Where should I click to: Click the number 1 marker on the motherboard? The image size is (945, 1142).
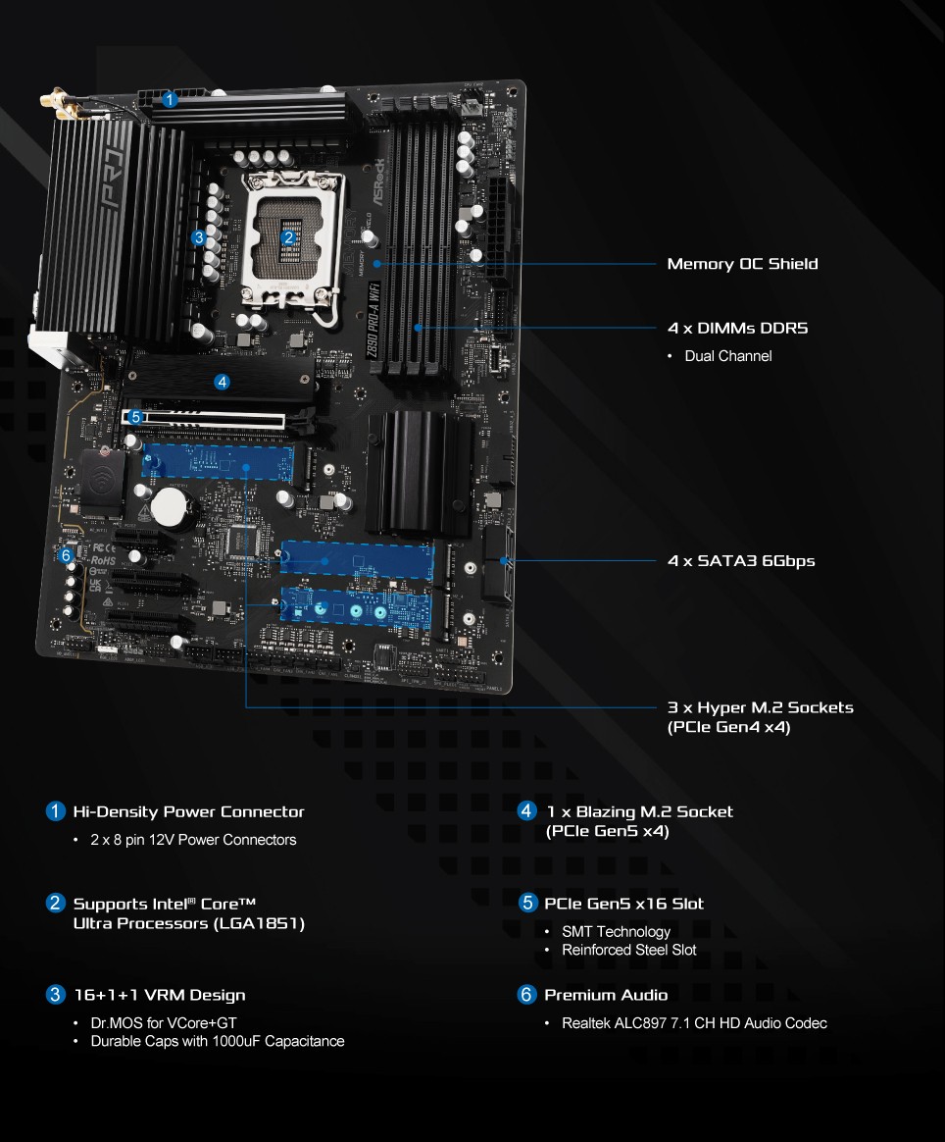(170, 99)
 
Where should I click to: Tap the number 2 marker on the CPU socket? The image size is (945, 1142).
(287, 236)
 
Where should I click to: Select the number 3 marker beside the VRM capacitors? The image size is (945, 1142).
(199, 236)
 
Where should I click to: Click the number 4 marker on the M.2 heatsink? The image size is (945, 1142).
(223, 382)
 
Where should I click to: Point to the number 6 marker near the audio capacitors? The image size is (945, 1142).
(66, 555)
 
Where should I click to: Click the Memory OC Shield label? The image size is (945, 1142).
(742, 264)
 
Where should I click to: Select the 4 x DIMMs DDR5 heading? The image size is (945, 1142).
(737, 329)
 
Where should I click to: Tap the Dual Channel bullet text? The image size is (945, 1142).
(727, 356)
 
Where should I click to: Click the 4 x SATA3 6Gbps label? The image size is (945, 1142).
(741, 561)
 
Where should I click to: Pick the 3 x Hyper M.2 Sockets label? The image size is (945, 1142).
(760, 707)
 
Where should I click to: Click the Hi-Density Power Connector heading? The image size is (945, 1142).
(188, 811)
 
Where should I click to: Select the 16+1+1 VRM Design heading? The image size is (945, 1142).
(160, 995)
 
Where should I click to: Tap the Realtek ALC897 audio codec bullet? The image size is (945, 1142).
(694, 1023)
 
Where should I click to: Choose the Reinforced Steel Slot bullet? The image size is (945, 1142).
(628, 950)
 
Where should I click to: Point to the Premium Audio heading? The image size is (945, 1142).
(606, 995)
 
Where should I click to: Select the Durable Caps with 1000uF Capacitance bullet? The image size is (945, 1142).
(218, 1041)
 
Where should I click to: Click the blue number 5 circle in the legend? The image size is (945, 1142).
(527, 903)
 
